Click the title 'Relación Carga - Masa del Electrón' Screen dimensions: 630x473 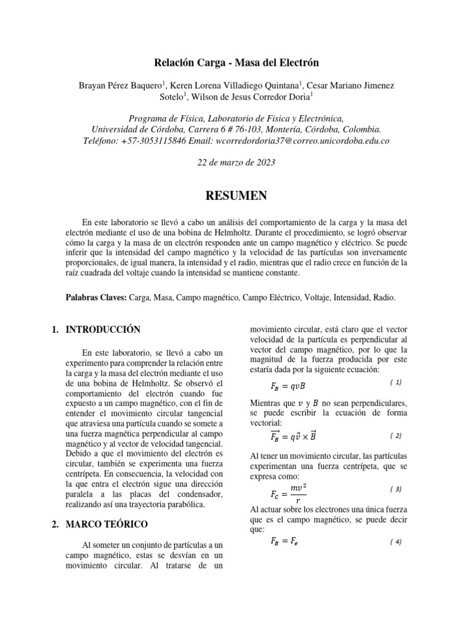click(236, 63)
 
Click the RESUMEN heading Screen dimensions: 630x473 click(236, 196)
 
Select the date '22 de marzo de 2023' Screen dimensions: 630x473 click(236, 163)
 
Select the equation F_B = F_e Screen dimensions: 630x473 click(284, 542)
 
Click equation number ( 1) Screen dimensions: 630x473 click(396, 382)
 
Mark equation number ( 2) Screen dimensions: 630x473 click(396, 436)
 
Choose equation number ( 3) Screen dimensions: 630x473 click(396, 489)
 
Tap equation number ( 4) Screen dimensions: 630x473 click(396, 542)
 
